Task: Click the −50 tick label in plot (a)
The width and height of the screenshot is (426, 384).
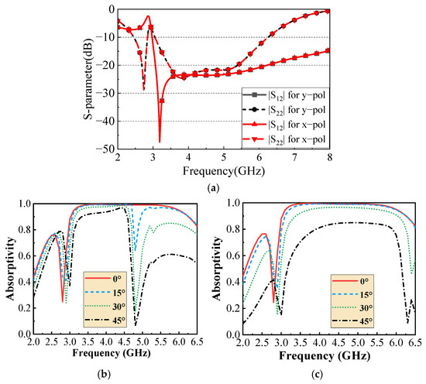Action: pos(105,149)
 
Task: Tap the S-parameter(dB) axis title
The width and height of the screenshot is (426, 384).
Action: pos(88,79)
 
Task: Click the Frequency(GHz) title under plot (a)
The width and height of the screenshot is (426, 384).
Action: pos(224,171)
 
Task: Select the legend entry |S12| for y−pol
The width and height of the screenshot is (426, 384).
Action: pos(284,95)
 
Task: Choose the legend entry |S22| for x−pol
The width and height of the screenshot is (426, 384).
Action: pos(284,139)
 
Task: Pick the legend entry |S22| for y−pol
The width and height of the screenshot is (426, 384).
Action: pos(284,110)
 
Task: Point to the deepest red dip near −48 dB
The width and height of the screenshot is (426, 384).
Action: pos(160,142)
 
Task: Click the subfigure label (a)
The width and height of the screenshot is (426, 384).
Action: pos(212,188)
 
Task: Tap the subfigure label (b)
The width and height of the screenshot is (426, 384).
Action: pos(104,375)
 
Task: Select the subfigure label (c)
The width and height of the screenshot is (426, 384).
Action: pos(318,375)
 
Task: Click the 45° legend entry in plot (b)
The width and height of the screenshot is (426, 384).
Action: pos(105,320)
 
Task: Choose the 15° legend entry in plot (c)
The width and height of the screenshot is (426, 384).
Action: pos(352,295)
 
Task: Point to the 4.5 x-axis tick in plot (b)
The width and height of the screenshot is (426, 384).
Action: pos(124,341)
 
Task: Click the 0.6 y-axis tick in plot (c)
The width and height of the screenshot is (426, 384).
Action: pos(234,255)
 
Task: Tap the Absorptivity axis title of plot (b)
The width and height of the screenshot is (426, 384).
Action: pos(10,269)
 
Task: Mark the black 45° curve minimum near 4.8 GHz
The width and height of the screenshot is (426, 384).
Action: pos(136,325)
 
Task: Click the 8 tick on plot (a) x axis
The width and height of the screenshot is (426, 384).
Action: pos(329,157)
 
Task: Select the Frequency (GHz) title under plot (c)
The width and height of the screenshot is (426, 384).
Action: pos(325,356)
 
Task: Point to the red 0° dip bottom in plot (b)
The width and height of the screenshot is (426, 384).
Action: pos(63,301)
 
